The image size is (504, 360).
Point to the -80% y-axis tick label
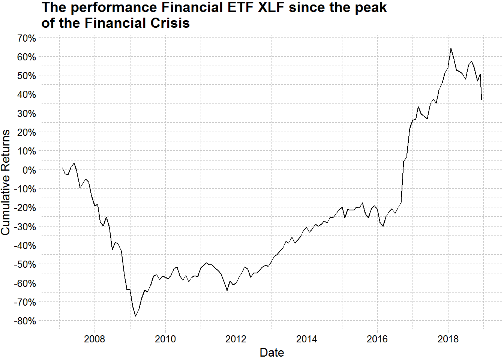(x=25, y=321)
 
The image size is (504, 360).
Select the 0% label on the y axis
(x=29, y=170)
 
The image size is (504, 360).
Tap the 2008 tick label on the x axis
(x=94, y=339)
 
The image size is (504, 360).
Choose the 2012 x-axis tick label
(x=236, y=339)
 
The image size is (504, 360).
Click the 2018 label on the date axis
(x=448, y=339)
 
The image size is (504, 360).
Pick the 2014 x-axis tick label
(x=307, y=339)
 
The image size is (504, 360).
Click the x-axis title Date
(x=272, y=353)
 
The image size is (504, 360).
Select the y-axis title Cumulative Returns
(x=6, y=182)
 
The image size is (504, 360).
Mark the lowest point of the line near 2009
(x=135, y=316)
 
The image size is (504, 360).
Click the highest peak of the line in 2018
(x=451, y=48)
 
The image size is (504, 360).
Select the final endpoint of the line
(x=481, y=100)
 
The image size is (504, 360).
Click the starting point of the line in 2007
(x=62, y=168)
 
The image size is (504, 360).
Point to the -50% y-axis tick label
(x=25, y=265)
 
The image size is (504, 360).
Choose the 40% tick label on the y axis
(x=27, y=95)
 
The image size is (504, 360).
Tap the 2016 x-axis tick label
(x=377, y=339)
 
